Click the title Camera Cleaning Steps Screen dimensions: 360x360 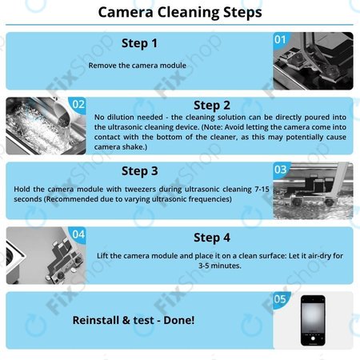[x=179, y=13]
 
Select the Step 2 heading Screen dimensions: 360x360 [x=212, y=105]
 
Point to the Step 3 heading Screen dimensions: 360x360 [x=139, y=170]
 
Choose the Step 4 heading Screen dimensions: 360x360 [x=212, y=237]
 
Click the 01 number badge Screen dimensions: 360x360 [x=280, y=38]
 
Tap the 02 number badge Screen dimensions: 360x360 [x=78, y=104]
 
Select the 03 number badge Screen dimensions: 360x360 [x=280, y=170]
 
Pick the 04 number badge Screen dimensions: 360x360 [x=78, y=234]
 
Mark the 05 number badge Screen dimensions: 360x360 [x=279, y=300]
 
